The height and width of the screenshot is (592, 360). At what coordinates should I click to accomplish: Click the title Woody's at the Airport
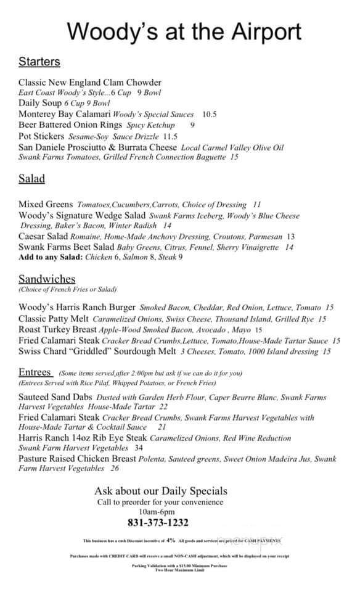point(184,30)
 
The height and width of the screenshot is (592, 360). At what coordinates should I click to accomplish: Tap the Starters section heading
point(39,62)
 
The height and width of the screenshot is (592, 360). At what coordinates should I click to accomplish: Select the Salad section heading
point(31,179)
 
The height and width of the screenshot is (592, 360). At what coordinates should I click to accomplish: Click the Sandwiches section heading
point(47,279)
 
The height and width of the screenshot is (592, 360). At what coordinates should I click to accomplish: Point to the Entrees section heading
point(36,372)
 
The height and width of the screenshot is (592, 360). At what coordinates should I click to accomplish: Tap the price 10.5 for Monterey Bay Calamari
point(210,114)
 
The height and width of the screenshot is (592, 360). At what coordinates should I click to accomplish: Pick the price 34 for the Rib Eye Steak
point(139,448)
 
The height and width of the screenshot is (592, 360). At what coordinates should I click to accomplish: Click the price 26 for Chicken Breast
point(115,469)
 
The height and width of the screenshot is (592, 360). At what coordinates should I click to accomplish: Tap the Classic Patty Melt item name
point(54,319)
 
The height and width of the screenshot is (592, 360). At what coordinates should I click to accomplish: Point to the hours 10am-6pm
point(157,512)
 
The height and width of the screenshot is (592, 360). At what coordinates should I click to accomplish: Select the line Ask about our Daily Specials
point(160,491)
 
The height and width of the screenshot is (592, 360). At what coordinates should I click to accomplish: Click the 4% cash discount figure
point(171,540)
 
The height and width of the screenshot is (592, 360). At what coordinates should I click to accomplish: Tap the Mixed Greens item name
point(45,204)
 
